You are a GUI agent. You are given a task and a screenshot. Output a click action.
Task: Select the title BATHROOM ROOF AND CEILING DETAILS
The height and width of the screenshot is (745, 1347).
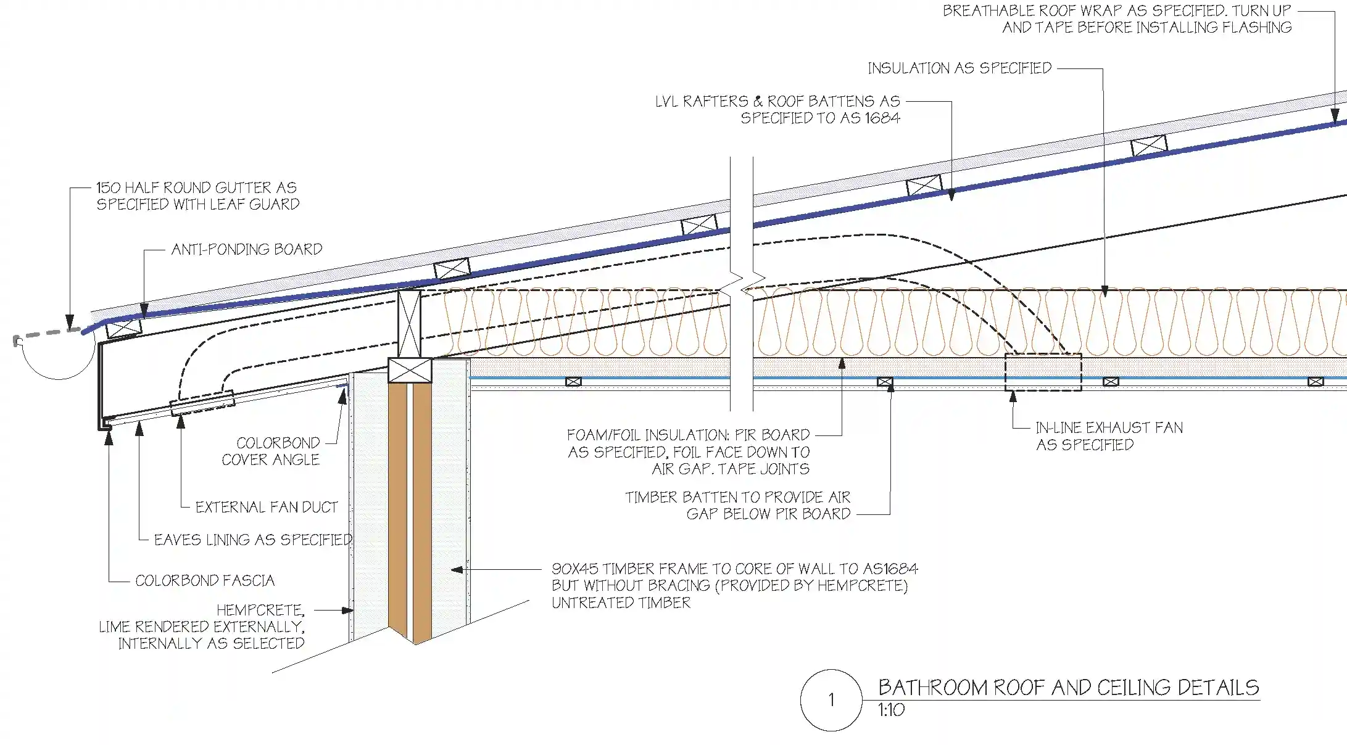click(x=1068, y=688)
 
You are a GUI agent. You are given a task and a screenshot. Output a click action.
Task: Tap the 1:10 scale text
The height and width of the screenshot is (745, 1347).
click(x=892, y=710)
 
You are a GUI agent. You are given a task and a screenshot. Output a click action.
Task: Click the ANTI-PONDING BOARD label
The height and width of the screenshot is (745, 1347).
click(x=247, y=249)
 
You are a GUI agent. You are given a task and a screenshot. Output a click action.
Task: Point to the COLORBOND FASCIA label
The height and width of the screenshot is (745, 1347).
click(x=205, y=580)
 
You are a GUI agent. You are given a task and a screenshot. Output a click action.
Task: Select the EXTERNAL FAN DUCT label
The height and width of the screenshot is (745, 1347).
click(x=267, y=507)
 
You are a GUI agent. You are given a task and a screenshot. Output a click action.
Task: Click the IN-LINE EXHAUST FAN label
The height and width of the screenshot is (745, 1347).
click(x=1109, y=436)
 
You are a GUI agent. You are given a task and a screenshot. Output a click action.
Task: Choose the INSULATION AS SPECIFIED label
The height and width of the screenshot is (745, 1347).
click(x=959, y=68)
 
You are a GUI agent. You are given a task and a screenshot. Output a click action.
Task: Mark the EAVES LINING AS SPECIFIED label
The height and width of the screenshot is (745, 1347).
click(x=253, y=540)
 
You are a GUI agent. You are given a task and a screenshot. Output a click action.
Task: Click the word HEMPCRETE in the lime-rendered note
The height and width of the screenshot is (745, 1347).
click(x=260, y=611)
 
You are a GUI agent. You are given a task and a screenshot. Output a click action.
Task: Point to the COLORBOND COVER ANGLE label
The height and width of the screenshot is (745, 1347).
click(x=271, y=451)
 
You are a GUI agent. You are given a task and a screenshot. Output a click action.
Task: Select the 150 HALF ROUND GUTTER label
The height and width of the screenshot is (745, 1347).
click(x=197, y=196)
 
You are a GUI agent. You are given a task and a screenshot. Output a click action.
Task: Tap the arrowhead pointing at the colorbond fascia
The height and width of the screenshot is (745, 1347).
click(x=109, y=438)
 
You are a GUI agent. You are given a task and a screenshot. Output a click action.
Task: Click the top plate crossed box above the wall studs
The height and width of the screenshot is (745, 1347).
click(x=410, y=370)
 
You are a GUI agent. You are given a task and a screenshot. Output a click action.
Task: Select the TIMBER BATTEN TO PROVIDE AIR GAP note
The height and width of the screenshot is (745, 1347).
click(x=738, y=506)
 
